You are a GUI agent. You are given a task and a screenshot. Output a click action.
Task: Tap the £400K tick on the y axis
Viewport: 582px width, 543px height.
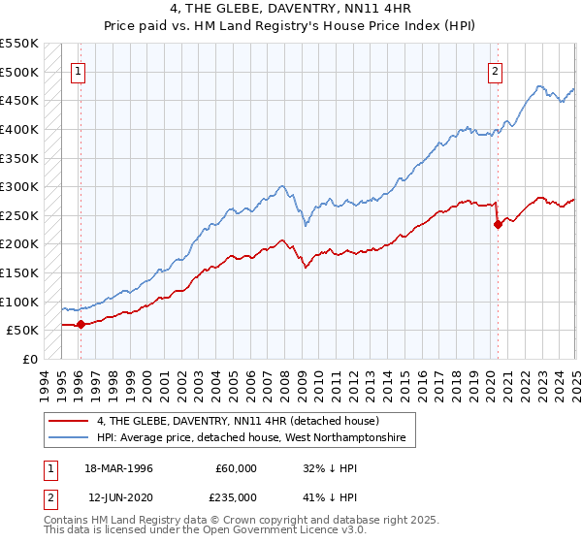18,129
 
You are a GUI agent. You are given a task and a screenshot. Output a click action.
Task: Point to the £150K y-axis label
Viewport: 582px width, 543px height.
18,273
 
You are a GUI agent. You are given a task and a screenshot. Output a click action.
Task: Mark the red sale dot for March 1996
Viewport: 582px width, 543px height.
81,325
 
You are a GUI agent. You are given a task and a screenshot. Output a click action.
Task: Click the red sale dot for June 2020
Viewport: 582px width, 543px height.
498,224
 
